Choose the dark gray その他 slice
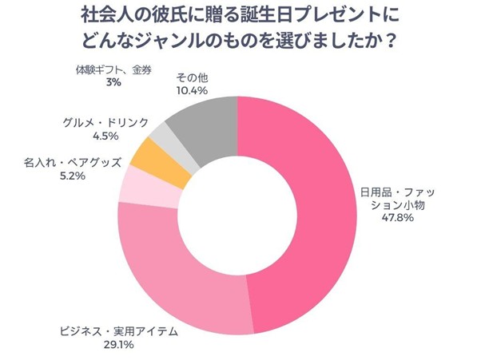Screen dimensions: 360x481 pyautogui.click(x=204, y=120)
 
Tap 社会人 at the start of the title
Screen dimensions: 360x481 pyautogui.click(x=103, y=15)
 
